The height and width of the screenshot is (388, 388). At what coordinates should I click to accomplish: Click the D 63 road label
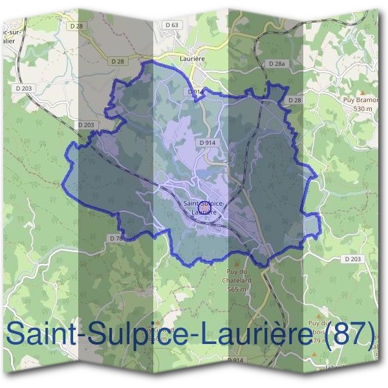[x=171, y=25]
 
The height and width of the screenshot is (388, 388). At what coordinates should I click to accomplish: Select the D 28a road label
[x=276, y=64]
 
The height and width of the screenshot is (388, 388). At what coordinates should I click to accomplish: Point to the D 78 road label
[x=116, y=239]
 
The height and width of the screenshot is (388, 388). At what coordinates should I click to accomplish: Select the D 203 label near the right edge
[x=354, y=259]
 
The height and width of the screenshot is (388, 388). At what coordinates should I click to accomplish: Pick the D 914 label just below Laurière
[x=196, y=92]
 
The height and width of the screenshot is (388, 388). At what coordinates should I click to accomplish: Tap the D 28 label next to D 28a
[x=294, y=100]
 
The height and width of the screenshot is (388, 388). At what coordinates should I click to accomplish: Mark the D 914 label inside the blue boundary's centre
[x=208, y=142]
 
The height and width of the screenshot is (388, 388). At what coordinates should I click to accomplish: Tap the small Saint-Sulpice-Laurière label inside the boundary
[x=203, y=208]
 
